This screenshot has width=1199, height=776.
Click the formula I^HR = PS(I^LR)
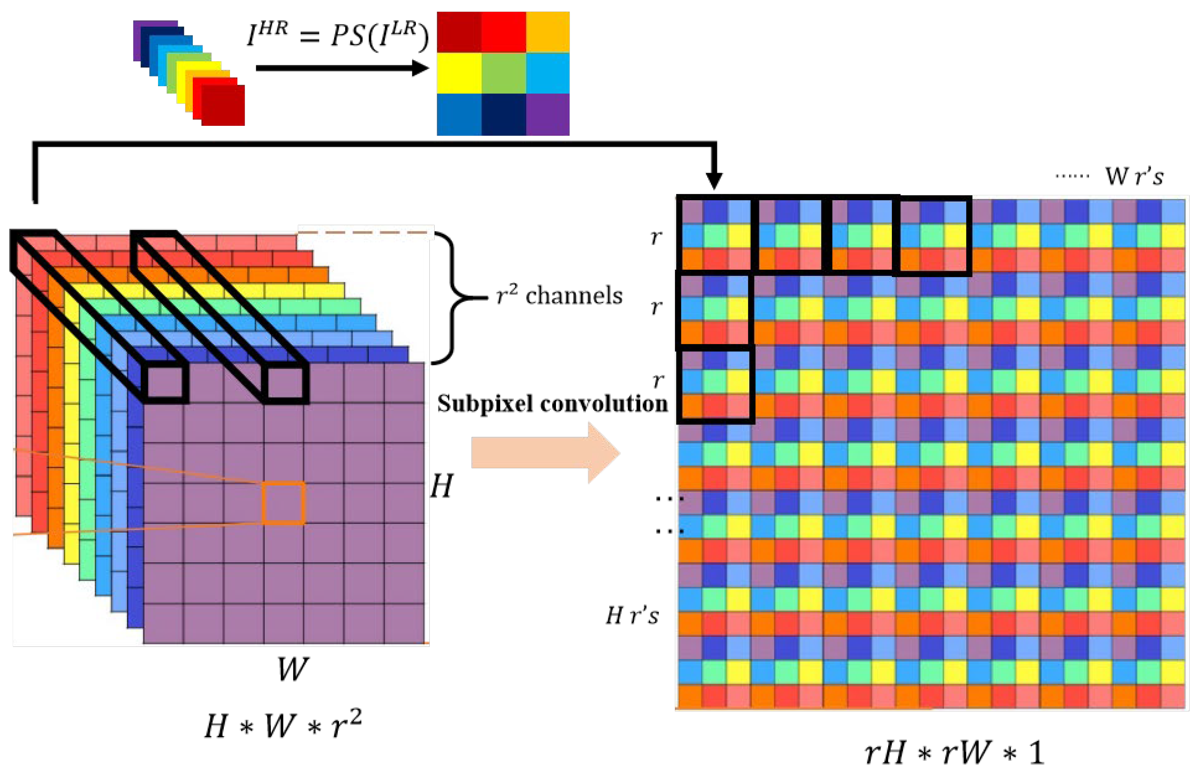(337, 35)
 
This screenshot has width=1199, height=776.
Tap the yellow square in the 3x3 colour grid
(459, 73)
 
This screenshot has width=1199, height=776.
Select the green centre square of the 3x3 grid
(503, 73)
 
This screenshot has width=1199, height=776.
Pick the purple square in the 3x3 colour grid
(547, 114)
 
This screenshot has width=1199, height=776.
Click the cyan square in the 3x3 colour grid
(547, 73)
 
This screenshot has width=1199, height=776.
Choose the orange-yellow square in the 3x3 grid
(547, 32)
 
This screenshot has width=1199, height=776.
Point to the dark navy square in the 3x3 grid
(503, 114)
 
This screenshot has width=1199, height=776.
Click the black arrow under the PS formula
(343, 67)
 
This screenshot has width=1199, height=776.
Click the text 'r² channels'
(559, 295)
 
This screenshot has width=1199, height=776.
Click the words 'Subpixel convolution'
(552, 404)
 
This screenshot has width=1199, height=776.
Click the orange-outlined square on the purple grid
(283, 503)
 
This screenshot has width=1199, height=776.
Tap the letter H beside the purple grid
(442, 486)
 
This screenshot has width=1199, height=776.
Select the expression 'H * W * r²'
(283, 726)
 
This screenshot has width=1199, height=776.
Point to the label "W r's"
(1134, 177)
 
